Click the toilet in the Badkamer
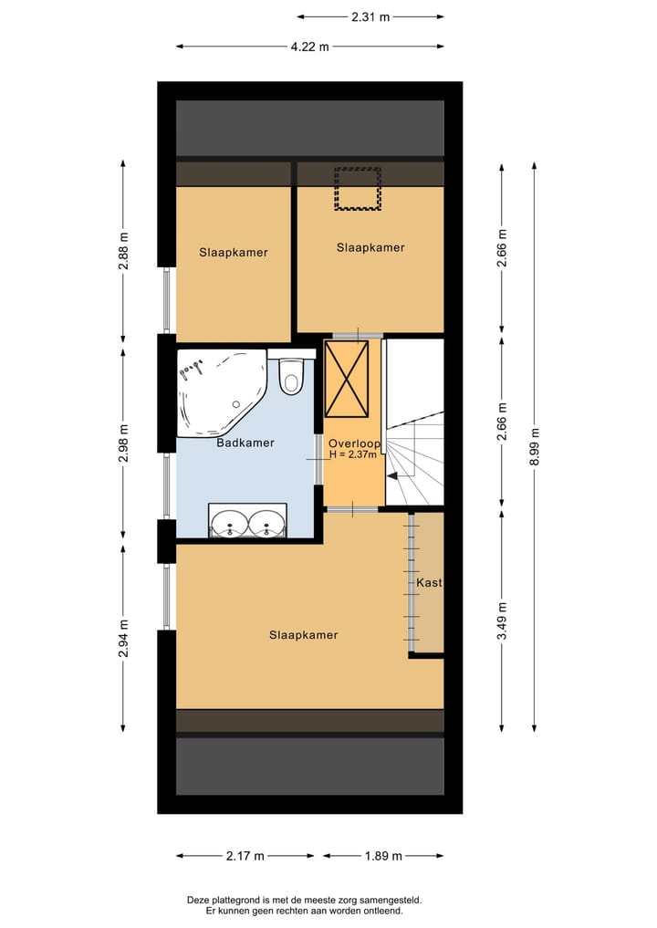(x=291, y=376)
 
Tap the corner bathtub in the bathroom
(x=219, y=391)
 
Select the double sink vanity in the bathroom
(x=247, y=521)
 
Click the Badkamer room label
(x=245, y=443)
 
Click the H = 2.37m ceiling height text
(x=353, y=454)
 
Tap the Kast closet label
(x=429, y=583)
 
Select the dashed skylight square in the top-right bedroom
(x=357, y=189)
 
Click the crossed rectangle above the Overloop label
(x=347, y=378)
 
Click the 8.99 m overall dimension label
(x=535, y=446)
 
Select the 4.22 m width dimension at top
(x=310, y=47)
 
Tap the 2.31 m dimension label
(x=370, y=16)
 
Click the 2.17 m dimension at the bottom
(x=245, y=856)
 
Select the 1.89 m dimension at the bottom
(x=383, y=856)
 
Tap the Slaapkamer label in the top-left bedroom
(x=234, y=253)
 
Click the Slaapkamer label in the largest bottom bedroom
(x=303, y=635)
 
